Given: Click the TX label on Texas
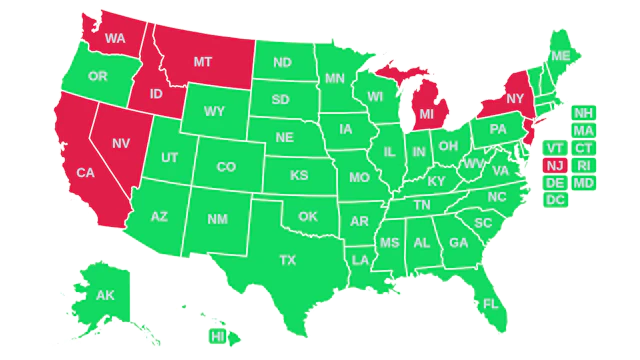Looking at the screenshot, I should tap(288, 260).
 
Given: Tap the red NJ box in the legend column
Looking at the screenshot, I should tap(554, 165).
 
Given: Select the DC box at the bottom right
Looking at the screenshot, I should tap(554, 201).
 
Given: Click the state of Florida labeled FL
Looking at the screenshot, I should tap(490, 303).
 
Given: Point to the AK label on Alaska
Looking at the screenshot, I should tap(104, 295).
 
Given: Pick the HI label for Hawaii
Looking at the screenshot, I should tap(217, 337).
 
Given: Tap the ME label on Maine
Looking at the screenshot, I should tap(561, 55).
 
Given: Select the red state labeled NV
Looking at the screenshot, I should tap(121, 144).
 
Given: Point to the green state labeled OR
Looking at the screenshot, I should tap(97, 77).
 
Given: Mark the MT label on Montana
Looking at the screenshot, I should tap(203, 62).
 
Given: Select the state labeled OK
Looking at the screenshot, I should tap(307, 216).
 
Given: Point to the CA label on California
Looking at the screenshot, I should tap(85, 173).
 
